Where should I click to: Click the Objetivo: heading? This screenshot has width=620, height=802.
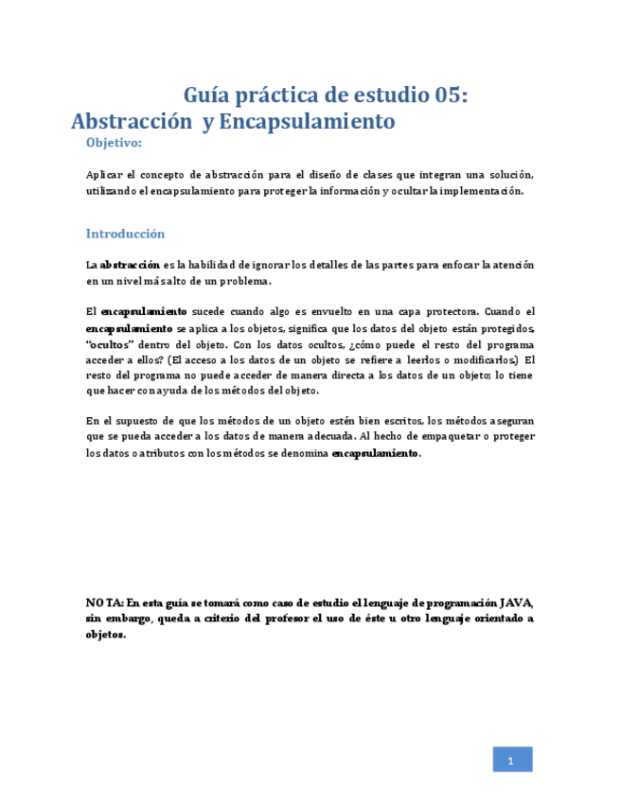coord(114,143)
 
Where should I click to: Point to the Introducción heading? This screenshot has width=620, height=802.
coord(125,234)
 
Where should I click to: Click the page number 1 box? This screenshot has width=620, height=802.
coord(512,759)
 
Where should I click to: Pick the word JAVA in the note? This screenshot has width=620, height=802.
coord(517,602)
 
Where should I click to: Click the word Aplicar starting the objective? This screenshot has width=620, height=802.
coord(104,175)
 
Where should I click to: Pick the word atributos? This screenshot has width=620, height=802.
coord(157,453)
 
